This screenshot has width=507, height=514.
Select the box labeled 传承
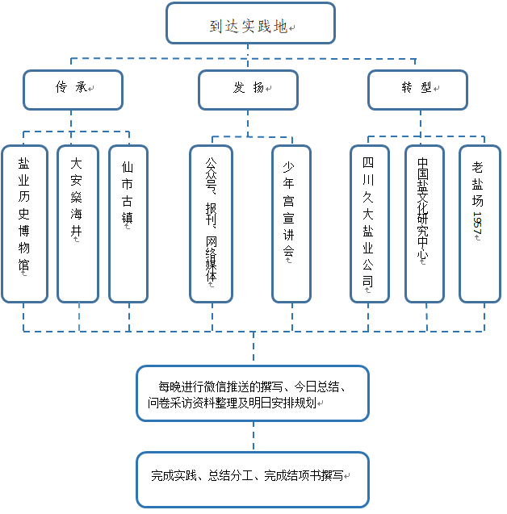tap(73, 89)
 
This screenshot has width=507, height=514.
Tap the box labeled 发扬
tap(248, 89)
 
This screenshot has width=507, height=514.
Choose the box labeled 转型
tap(417, 89)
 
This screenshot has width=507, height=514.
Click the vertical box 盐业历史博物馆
tap(24, 224)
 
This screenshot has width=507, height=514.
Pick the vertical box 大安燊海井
tap(77, 224)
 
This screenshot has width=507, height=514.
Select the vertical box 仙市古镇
tap(128, 224)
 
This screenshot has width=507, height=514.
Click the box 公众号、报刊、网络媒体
tap(211, 224)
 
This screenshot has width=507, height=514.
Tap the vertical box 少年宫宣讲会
tap(291, 224)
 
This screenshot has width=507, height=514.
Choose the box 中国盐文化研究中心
tap(424, 224)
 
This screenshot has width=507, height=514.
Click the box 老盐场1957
tap(479, 224)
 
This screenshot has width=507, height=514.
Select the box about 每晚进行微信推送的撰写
tap(253, 393)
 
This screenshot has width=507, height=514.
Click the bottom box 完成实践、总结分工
tap(253, 478)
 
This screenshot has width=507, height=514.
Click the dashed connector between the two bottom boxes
tap(253, 437)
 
